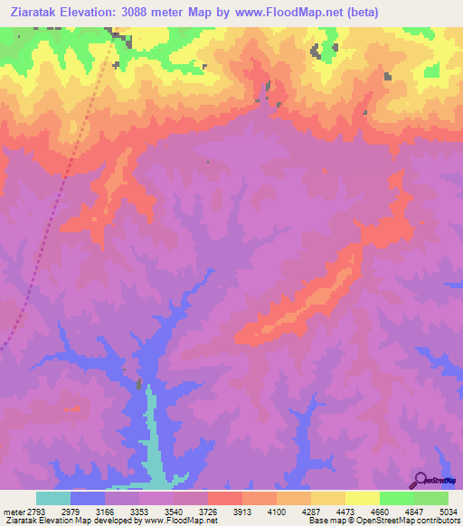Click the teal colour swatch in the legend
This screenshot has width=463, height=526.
click(x=53, y=498)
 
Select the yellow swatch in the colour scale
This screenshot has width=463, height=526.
click(x=362, y=498)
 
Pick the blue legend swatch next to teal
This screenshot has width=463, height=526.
click(x=88, y=498)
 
